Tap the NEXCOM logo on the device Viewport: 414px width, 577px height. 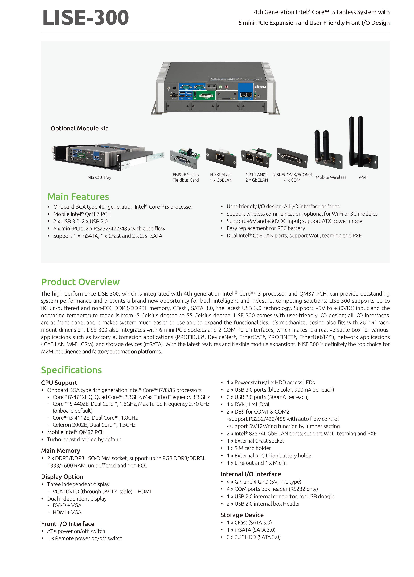coord(260,87)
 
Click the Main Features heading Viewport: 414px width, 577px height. coord(78,197)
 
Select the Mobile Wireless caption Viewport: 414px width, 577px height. coord(331,177)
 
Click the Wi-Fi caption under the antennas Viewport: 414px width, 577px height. coord(363,177)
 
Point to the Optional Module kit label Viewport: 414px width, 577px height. coord(79,128)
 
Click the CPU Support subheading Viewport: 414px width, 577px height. coord(59,383)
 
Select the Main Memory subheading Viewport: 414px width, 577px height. coord(61,451)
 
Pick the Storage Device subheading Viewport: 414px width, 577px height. coord(242,515)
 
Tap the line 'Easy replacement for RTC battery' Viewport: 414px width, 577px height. coord(265,228)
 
